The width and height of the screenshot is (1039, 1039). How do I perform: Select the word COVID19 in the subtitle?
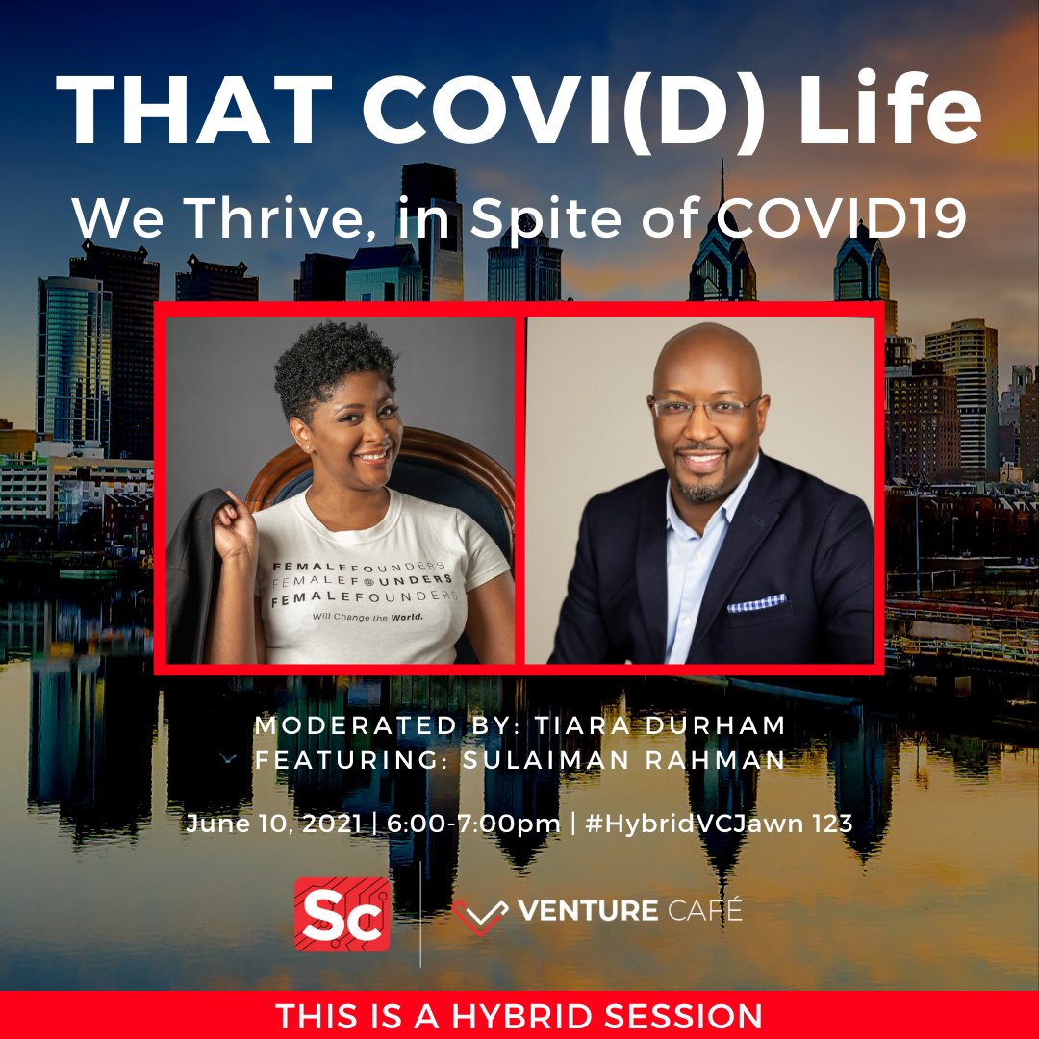(x=846, y=218)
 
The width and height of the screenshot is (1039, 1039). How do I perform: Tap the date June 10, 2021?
(x=273, y=824)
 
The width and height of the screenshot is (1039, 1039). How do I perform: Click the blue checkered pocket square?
(x=757, y=603)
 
